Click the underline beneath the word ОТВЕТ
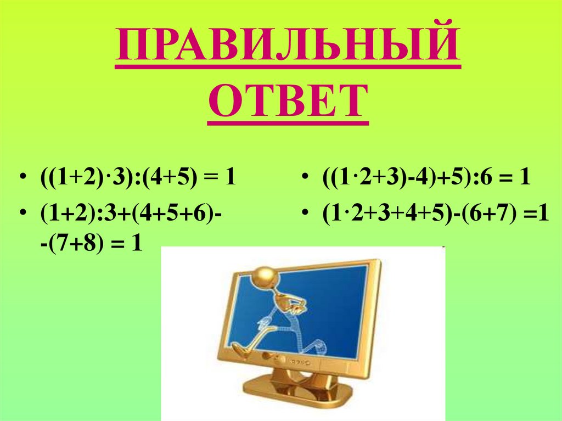[x=288, y=121]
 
